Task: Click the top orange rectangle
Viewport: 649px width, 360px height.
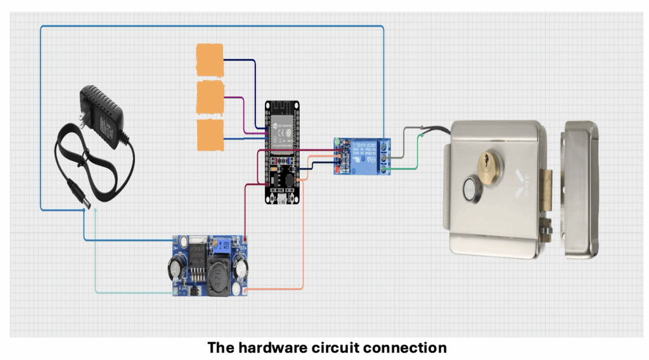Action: [x=210, y=60]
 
